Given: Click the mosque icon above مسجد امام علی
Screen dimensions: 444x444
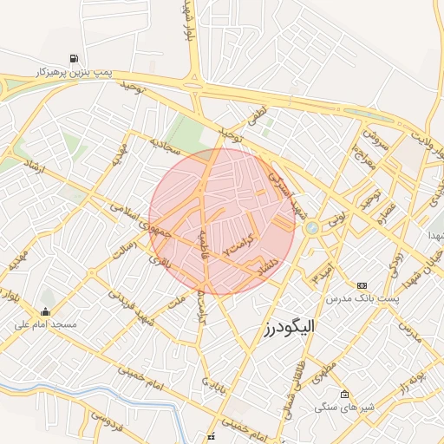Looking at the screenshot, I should [x=45, y=311].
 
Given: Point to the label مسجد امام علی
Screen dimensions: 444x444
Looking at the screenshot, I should [x=46, y=324].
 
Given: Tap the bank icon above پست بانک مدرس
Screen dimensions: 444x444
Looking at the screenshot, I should [x=362, y=285].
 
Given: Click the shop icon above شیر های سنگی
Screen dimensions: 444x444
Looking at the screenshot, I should [x=344, y=395].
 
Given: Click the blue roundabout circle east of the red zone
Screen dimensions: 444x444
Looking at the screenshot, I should [x=311, y=228].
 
